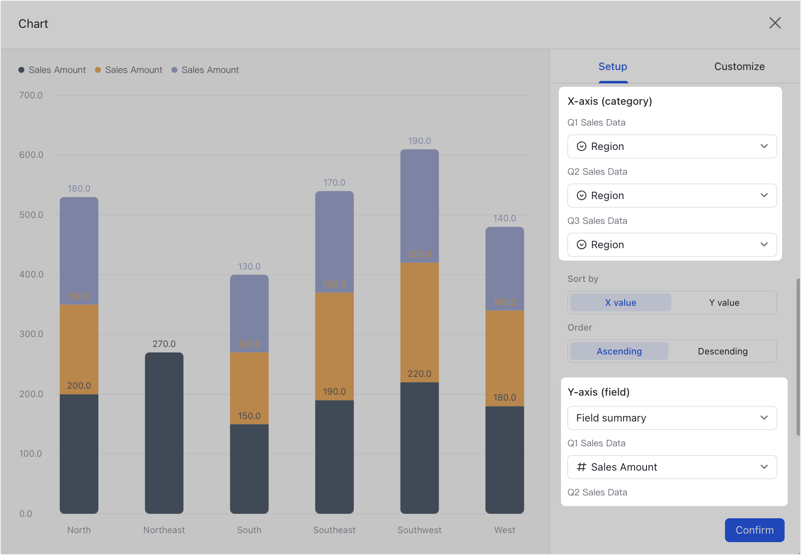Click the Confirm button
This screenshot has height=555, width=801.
pyautogui.click(x=754, y=530)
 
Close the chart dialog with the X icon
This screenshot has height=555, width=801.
pyautogui.click(x=775, y=23)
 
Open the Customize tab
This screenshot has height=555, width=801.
pyautogui.click(x=739, y=67)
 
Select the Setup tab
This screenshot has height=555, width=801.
pyautogui.click(x=612, y=67)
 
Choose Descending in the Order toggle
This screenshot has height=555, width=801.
pyautogui.click(x=722, y=351)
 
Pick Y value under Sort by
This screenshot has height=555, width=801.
pyautogui.click(x=723, y=303)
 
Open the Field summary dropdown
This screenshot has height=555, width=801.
pyautogui.click(x=672, y=418)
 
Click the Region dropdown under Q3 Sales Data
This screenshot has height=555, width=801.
pyautogui.click(x=672, y=245)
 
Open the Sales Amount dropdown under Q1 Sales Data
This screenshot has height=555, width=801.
pyautogui.click(x=672, y=467)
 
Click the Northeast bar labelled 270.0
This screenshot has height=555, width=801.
pyautogui.click(x=164, y=432)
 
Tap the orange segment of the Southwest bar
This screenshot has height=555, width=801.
pyautogui.click(x=419, y=323)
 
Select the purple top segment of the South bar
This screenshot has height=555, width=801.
pyautogui.click(x=249, y=313)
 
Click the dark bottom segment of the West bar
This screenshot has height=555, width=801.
pyautogui.click(x=504, y=459)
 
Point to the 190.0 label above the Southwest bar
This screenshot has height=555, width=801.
pyautogui.click(x=419, y=141)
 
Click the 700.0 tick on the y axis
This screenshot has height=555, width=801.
pyautogui.click(x=31, y=95)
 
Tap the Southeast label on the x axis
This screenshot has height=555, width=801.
pyautogui.click(x=334, y=530)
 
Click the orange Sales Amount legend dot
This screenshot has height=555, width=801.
pyautogui.click(x=98, y=70)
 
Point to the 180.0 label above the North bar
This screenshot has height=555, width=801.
pyautogui.click(x=79, y=189)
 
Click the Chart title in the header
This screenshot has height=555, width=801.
pyautogui.click(x=33, y=24)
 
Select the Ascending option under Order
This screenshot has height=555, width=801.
pyautogui.click(x=619, y=351)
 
